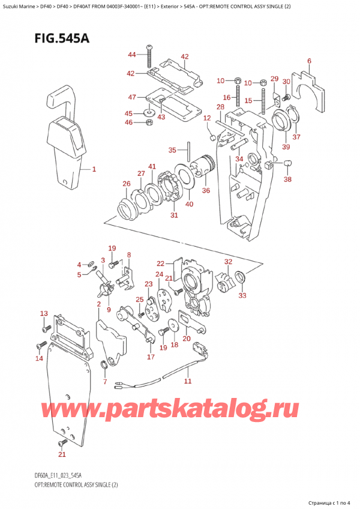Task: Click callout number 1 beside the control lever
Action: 94,169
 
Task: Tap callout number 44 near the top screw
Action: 132,55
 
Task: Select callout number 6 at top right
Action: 309,61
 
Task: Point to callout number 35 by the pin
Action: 172,150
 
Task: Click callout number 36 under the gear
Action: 206,191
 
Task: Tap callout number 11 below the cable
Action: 187,381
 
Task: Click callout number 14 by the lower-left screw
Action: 40,358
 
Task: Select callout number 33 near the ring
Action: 242,295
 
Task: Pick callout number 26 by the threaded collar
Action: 127,184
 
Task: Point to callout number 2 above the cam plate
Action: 99,305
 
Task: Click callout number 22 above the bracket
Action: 160,264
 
